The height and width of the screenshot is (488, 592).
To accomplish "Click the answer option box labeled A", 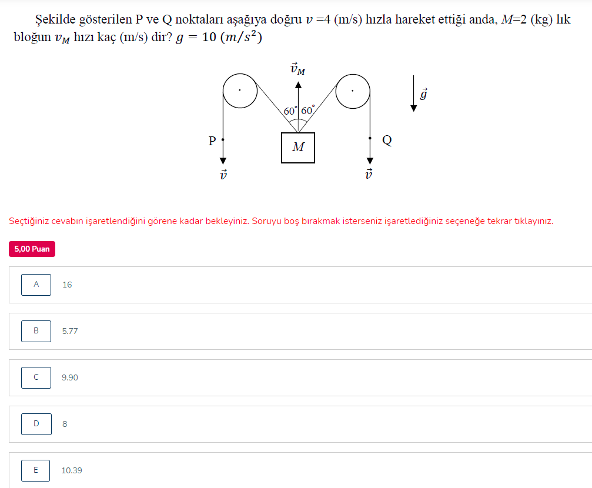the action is click(36, 285).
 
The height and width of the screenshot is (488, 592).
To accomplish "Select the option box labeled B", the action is click(36, 331).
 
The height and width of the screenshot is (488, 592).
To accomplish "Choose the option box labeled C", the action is click(36, 377).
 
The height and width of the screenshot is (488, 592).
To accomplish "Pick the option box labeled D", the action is click(36, 424).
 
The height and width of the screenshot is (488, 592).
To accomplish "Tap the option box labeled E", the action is click(35, 470).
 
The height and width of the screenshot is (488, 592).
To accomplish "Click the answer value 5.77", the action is click(70, 331).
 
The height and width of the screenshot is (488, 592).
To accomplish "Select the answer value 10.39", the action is click(72, 470).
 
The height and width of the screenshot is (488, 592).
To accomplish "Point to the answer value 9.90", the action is click(70, 377).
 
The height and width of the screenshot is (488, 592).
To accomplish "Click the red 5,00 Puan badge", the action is click(32, 249).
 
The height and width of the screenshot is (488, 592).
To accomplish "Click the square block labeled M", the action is click(298, 148).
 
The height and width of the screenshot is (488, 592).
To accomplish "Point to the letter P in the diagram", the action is click(212, 141).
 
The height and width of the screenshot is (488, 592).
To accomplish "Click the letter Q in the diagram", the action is click(387, 140).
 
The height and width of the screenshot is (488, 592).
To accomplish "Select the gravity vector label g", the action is click(424, 93).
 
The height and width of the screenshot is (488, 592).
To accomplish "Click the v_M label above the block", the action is click(298, 69).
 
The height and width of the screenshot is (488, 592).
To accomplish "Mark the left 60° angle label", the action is click(290, 111).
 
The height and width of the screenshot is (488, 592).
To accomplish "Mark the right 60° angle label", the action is click(307, 110).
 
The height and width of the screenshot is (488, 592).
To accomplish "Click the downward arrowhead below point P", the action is click(223, 161).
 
